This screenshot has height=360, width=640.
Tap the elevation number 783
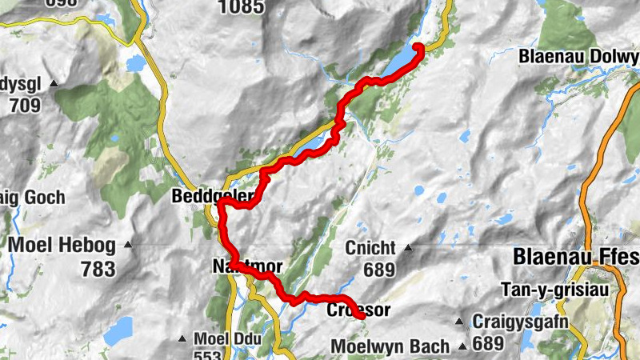pos(98,269)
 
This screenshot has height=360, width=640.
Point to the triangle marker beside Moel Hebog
pos(129,244)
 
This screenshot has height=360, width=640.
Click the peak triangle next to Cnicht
pos(408,247)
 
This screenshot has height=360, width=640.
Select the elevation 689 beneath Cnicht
pos(379,270)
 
